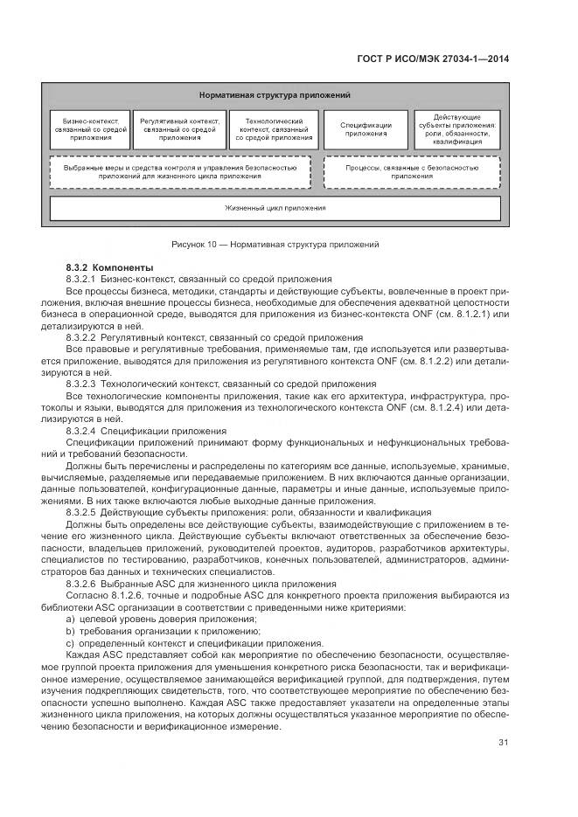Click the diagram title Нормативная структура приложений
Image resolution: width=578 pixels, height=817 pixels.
click(275, 94)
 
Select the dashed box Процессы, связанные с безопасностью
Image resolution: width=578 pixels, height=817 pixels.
click(412, 170)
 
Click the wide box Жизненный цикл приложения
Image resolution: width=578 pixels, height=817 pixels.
click(275, 209)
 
